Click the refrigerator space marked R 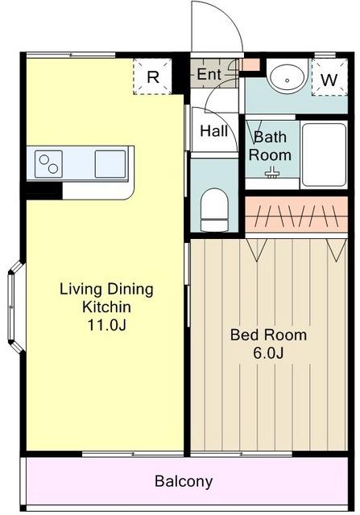(x=152, y=76)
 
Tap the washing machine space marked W (x=329, y=77)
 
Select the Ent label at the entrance (x=209, y=75)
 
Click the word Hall (x=214, y=131)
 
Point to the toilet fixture (x=214, y=209)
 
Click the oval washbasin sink (x=287, y=78)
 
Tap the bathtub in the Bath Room (x=324, y=154)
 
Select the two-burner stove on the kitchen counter (x=48, y=164)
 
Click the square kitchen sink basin (x=110, y=164)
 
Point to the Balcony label (x=184, y=481)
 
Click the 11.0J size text (x=106, y=325)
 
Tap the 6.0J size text (x=268, y=352)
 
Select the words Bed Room (x=268, y=335)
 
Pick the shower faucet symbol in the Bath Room (x=271, y=172)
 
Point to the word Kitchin (x=106, y=307)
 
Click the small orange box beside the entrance (x=250, y=64)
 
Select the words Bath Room (x=270, y=146)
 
